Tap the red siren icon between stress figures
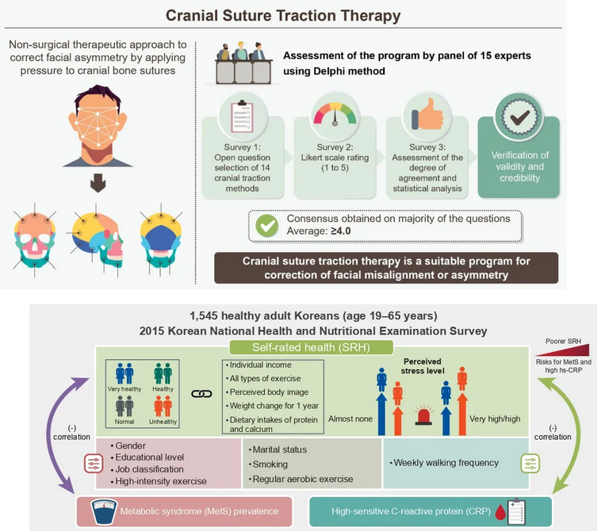423,414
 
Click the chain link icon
201,392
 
